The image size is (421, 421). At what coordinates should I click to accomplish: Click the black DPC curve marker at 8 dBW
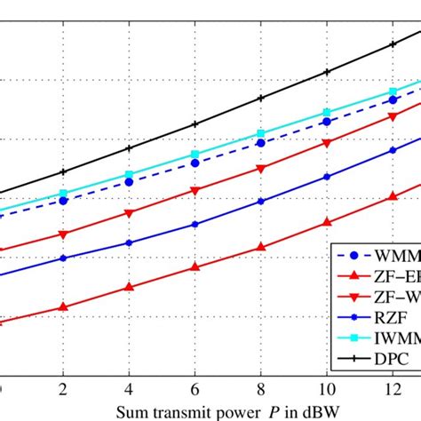click(x=260, y=99)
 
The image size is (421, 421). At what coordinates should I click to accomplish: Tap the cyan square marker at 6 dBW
click(x=195, y=155)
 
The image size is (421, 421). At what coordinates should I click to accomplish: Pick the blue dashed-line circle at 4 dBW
click(x=129, y=182)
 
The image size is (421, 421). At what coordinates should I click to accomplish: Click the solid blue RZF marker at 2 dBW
click(x=62, y=258)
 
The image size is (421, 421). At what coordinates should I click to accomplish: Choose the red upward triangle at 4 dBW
click(x=129, y=287)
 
